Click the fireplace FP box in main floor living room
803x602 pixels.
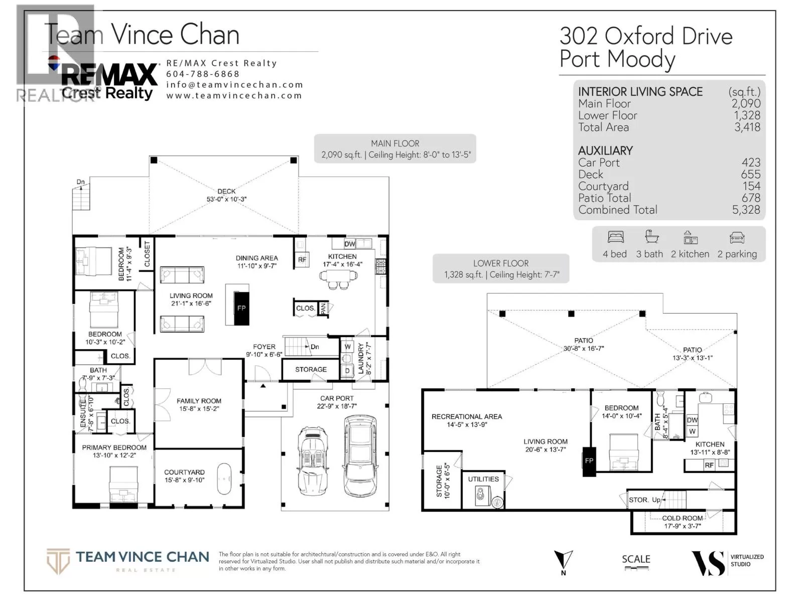click(x=241, y=308)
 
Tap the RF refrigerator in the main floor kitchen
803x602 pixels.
click(x=302, y=259)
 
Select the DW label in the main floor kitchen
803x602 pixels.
click(x=350, y=244)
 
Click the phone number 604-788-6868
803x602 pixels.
click(x=203, y=74)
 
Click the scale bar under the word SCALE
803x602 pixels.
click(x=636, y=568)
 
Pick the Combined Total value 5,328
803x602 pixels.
click(x=746, y=210)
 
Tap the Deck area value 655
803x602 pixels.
click(x=751, y=175)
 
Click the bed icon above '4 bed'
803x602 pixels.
click(x=615, y=237)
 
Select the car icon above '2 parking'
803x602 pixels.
click(x=737, y=238)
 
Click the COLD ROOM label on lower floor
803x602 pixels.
click(x=682, y=518)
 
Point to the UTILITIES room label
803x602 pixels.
click(x=483, y=479)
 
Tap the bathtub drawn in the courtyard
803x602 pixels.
click(x=224, y=479)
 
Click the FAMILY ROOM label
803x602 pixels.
click(x=199, y=401)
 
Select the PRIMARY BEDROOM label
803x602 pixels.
click(x=114, y=447)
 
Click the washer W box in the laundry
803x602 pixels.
click(x=347, y=347)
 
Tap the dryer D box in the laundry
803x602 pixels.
click(x=347, y=371)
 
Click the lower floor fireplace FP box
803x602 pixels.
click(x=589, y=461)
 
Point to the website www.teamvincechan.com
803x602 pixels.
click(x=234, y=95)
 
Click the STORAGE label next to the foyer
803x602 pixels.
click(x=311, y=370)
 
